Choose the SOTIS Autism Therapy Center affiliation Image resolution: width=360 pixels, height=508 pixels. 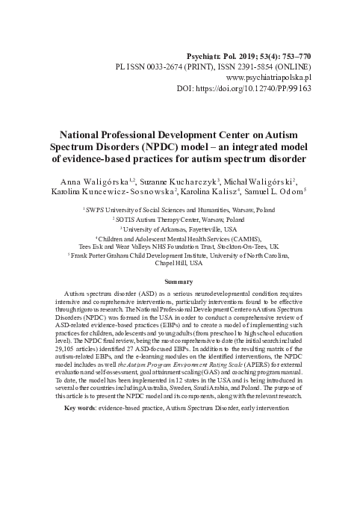[x=179, y=220]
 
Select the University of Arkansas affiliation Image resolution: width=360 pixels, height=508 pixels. [x=179, y=229]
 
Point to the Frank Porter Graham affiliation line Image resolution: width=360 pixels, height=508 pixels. [x=179, y=255]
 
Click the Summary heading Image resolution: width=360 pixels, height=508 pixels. [x=179, y=281]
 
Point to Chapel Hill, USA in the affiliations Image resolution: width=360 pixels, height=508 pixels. [x=179, y=263]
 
